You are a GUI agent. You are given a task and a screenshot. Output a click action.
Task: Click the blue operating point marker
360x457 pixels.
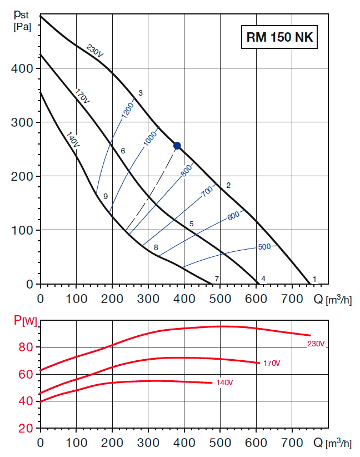[177, 146]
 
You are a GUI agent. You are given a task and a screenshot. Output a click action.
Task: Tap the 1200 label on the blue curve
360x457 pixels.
[127, 108]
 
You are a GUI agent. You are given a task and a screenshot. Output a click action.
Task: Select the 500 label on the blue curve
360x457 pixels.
[264, 246]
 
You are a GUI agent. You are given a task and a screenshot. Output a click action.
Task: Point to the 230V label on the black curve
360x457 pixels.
[95, 51]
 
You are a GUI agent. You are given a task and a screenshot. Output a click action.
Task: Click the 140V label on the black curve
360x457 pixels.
[73, 139]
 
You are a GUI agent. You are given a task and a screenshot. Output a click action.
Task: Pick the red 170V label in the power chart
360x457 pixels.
[272, 364]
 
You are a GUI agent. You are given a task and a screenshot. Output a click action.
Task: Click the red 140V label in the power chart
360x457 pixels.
[224, 383]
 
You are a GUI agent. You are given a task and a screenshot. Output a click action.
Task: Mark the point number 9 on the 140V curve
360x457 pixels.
[105, 196]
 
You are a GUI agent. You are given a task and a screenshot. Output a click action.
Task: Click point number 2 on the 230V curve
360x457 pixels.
[228, 185]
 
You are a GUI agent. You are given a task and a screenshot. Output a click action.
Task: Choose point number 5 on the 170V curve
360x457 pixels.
[191, 223]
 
